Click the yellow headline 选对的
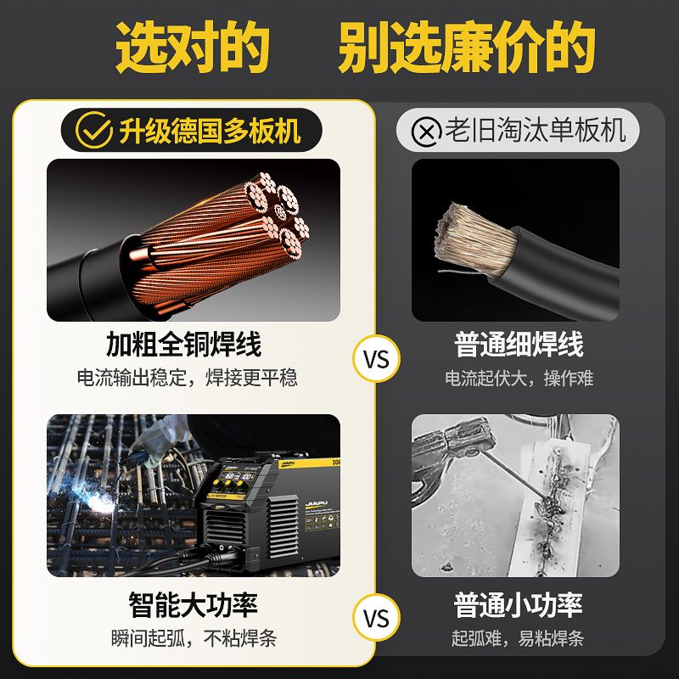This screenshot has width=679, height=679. click(194, 47)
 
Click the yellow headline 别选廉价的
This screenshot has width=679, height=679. click(466, 47)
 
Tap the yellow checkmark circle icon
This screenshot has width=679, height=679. click(94, 130)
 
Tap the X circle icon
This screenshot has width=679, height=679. click(427, 132)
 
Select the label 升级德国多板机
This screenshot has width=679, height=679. click(210, 130)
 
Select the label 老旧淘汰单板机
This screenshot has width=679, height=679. click(536, 130)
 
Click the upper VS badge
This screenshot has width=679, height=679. click(376, 359)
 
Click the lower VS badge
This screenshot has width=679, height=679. click(376, 618)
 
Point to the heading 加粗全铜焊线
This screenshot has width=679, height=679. click(183, 345)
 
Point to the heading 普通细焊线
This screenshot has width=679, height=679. click(519, 345)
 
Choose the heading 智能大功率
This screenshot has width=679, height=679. click(194, 604)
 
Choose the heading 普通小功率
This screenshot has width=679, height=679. click(519, 604)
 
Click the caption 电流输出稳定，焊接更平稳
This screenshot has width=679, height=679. click(187, 378)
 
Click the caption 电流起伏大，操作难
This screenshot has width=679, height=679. click(519, 378)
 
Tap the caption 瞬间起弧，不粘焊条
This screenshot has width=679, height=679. click(194, 638)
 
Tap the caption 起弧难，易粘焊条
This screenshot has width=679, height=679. click(518, 638)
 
